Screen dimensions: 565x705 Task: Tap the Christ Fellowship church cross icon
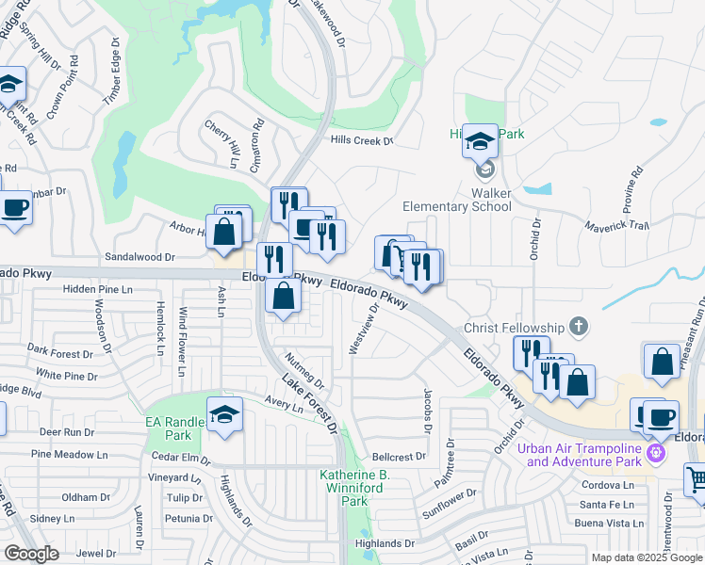(x=579, y=328)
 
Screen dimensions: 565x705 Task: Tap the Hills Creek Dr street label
(x=361, y=141)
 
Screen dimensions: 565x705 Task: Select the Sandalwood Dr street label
(x=140, y=256)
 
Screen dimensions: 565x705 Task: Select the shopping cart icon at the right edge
(x=696, y=480)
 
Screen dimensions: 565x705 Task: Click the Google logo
(x=32, y=554)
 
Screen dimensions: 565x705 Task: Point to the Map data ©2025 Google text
(x=648, y=557)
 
